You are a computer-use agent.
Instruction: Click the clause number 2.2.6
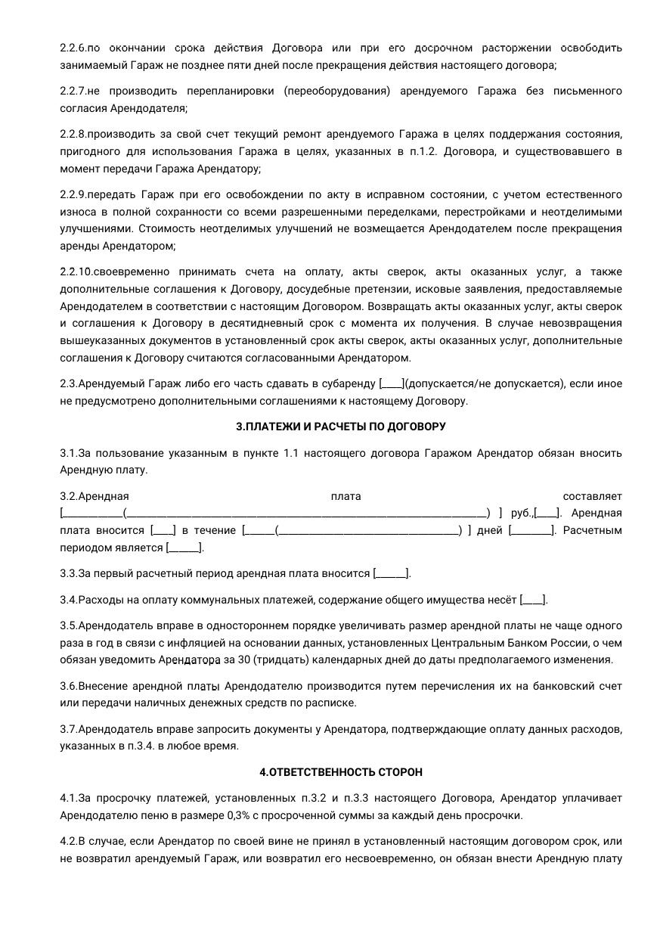[73, 48]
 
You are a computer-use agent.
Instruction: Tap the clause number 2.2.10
[76, 272]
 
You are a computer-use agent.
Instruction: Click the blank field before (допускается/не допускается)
[392, 383]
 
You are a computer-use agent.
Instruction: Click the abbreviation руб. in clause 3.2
[522, 514]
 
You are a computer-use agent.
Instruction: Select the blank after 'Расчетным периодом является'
[184, 548]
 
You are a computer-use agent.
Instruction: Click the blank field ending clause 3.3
[392, 574]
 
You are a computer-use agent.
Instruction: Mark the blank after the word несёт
[534, 600]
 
